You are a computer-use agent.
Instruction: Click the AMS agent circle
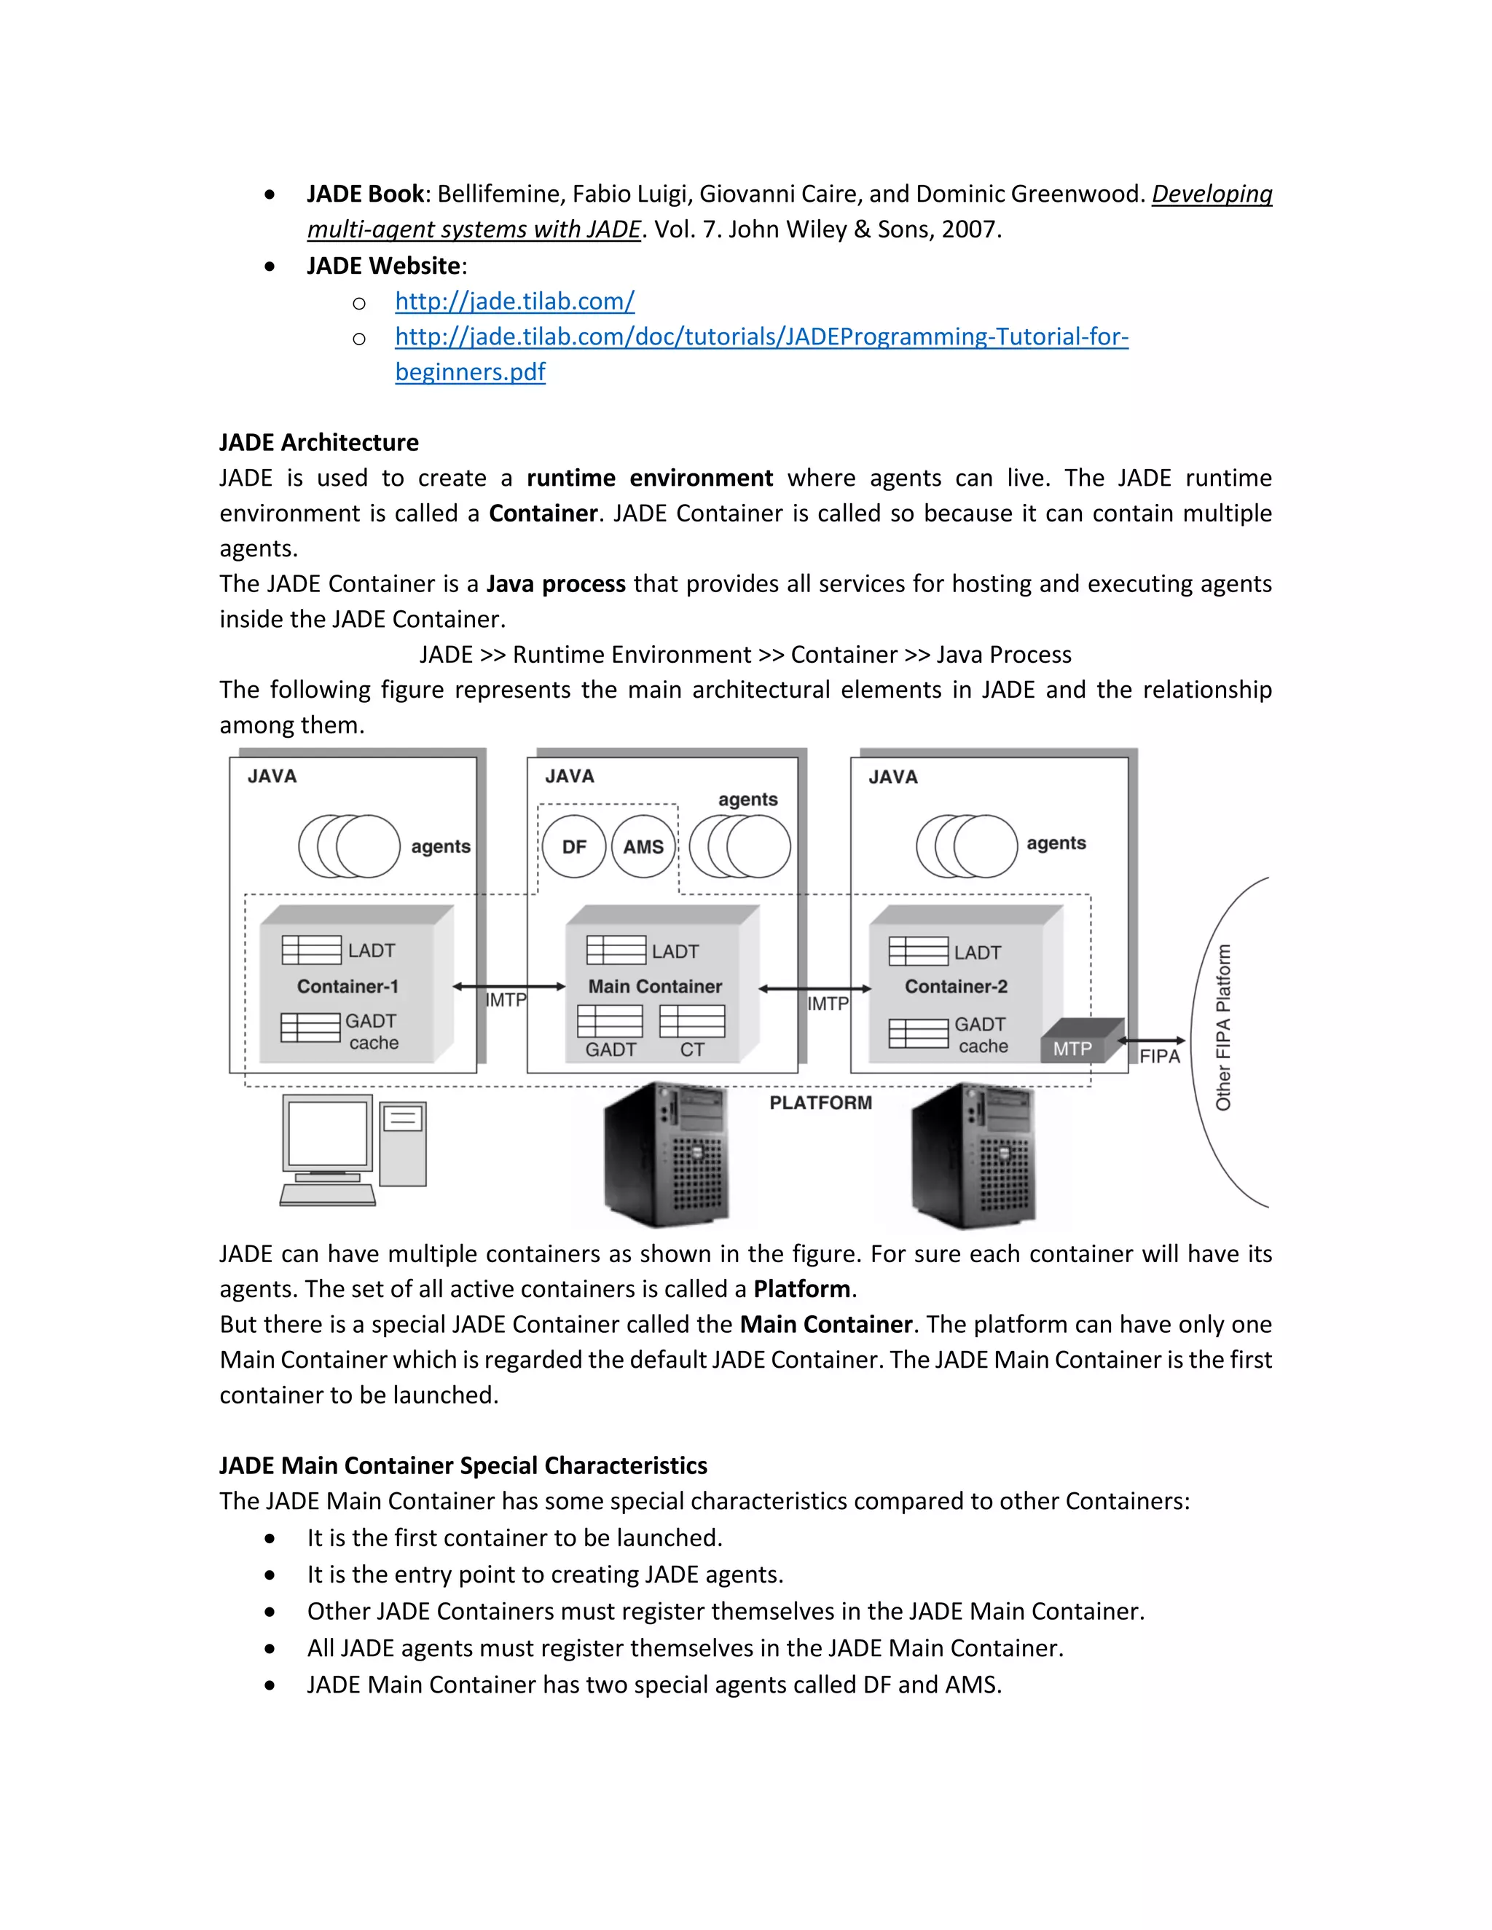(x=643, y=846)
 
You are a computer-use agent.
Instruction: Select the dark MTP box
(x=1073, y=1047)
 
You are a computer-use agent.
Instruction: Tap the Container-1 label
(x=348, y=986)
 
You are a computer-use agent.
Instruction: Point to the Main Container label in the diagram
(x=655, y=986)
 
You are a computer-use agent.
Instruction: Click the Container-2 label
(x=956, y=986)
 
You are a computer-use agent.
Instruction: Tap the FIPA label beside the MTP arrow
(x=1159, y=1057)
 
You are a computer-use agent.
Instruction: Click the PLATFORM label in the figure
(x=820, y=1103)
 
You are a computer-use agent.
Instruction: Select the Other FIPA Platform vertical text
(x=1223, y=1027)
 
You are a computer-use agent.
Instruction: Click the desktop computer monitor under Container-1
(x=328, y=1135)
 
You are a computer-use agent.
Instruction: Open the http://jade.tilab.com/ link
(x=514, y=302)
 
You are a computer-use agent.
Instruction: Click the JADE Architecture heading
(x=319, y=442)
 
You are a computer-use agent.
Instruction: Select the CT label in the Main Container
(x=692, y=1049)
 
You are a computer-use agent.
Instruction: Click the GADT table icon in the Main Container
(x=610, y=1020)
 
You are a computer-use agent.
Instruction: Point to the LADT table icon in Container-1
(x=311, y=950)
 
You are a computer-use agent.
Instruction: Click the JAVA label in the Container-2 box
(x=892, y=777)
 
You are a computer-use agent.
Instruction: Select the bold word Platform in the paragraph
(x=801, y=1289)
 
